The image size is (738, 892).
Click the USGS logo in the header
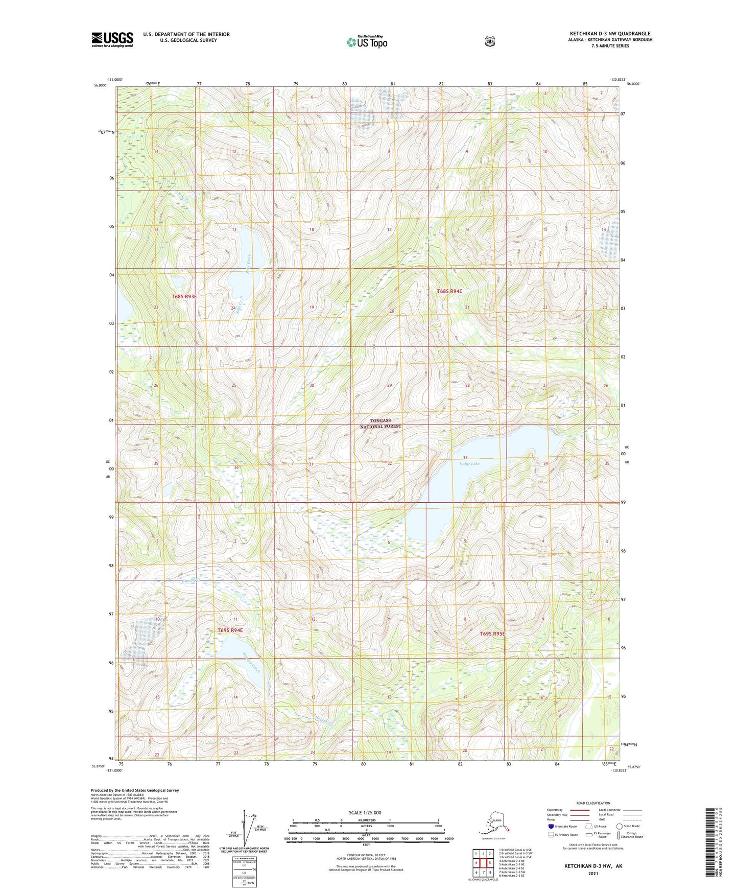tap(112, 39)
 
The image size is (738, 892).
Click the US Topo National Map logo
tap(367, 42)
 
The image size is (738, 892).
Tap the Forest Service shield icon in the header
tap(489, 41)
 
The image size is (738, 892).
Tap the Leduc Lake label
tap(469, 464)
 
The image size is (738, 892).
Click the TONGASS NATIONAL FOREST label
tap(380, 424)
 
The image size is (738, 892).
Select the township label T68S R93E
tap(184, 296)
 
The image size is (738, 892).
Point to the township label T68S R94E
tap(449, 291)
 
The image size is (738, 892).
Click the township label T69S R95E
tap(492, 634)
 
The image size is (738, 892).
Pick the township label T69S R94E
tap(230, 630)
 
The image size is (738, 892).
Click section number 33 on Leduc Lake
tap(465, 457)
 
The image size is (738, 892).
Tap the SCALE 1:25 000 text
tap(365, 813)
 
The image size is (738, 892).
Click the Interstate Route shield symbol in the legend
tap(551, 826)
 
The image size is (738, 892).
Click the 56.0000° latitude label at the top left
tap(100, 85)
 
